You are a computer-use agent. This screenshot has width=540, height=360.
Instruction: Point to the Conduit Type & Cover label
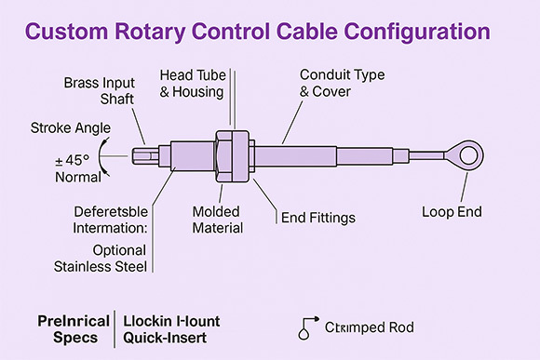(x=341, y=82)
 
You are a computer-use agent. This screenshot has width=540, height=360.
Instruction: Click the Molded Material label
(x=218, y=220)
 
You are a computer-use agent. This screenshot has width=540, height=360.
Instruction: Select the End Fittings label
(x=318, y=220)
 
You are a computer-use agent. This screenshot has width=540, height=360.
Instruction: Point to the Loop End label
(x=452, y=211)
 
